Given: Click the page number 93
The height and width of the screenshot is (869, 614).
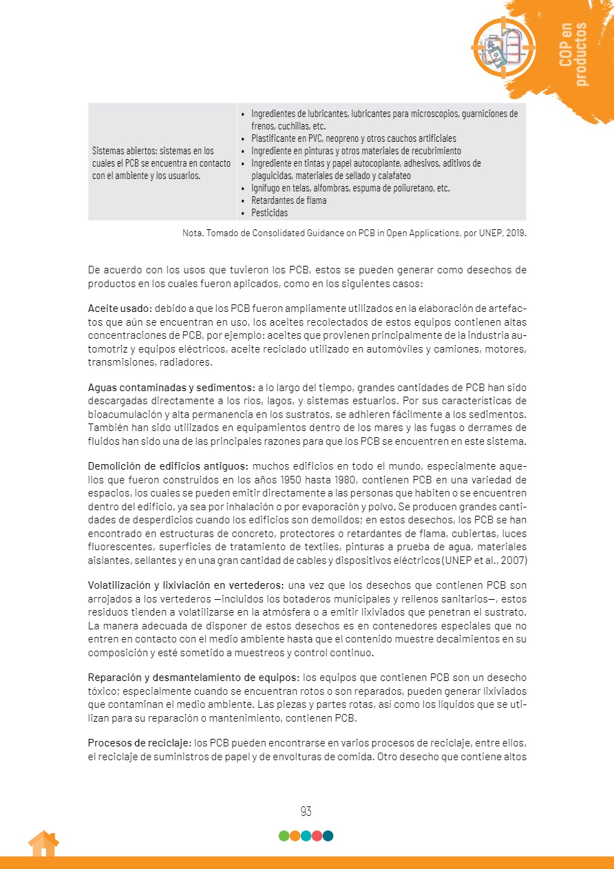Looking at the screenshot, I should tap(306, 811).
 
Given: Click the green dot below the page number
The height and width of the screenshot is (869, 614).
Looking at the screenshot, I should tap(284, 836).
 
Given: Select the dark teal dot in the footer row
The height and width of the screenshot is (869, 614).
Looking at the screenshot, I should tap(328, 836).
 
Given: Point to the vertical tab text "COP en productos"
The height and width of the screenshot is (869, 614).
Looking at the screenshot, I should tap(573, 54).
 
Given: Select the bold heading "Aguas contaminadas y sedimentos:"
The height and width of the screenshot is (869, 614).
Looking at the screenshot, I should tap(171, 388).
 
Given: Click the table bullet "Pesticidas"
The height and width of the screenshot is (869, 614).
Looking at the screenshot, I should tap(270, 213).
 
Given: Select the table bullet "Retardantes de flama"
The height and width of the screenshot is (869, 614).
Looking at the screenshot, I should tap(288, 200).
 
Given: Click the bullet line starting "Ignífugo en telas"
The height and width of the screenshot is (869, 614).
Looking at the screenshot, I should tap(350, 188).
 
